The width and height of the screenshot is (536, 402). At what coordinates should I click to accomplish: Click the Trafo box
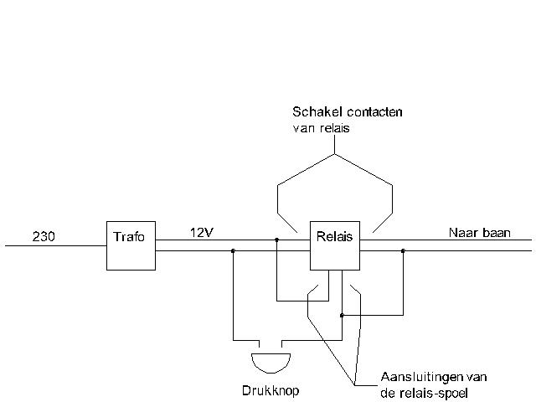pyautogui.click(x=131, y=245)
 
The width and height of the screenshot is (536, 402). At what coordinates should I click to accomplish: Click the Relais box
pyautogui.click(x=334, y=245)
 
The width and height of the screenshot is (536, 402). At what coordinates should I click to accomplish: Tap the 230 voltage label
pyautogui.click(x=44, y=237)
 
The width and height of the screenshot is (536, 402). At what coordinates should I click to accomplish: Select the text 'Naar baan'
pyautogui.click(x=475, y=233)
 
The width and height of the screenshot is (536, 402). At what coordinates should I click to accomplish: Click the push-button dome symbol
pyautogui.click(x=271, y=362)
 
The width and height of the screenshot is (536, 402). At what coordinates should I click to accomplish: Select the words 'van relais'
pyautogui.click(x=321, y=128)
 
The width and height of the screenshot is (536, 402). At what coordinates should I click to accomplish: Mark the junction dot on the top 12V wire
pyautogui.click(x=277, y=240)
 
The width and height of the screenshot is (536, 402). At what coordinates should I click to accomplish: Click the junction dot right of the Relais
pyautogui.click(x=403, y=250)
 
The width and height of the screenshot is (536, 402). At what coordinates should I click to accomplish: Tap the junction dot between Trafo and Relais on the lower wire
pyautogui.click(x=233, y=250)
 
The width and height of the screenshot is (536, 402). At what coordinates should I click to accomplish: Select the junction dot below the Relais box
pyautogui.click(x=342, y=316)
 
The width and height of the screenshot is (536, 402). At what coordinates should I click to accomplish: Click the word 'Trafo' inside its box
pyautogui.click(x=128, y=237)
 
